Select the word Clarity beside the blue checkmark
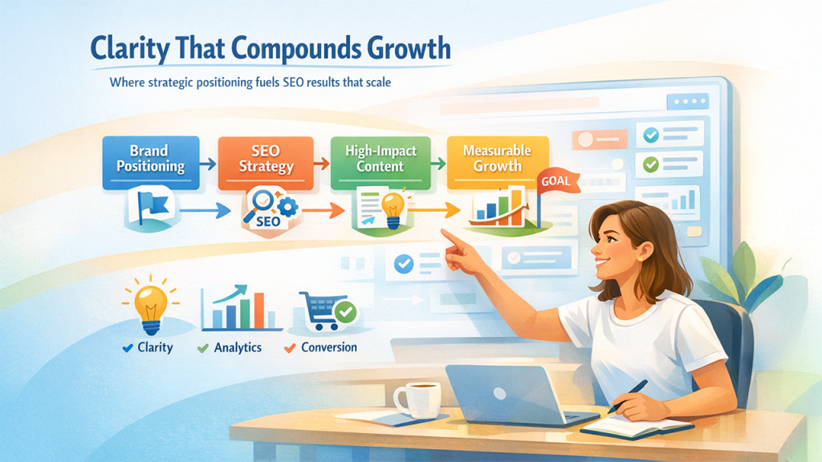154,348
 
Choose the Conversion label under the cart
328,348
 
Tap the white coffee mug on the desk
417,399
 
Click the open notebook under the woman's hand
634,425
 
